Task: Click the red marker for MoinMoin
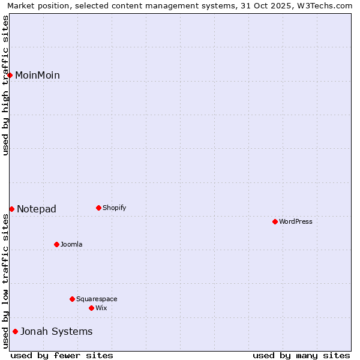(x=10, y=75)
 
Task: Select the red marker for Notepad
(x=11, y=209)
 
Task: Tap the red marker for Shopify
(x=98, y=208)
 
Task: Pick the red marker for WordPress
(x=275, y=221)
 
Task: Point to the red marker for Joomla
(x=56, y=244)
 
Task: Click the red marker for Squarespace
(x=72, y=299)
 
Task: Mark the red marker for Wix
(x=91, y=308)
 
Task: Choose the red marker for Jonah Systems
(x=15, y=331)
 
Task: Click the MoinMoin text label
(x=37, y=75)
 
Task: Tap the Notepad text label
(x=37, y=209)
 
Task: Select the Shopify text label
(x=114, y=208)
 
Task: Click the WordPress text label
(x=296, y=221)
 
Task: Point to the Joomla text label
(x=71, y=244)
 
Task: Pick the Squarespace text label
(x=97, y=299)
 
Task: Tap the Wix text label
(x=101, y=308)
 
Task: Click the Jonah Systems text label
(x=56, y=331)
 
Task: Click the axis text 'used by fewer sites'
(x=62, y=355)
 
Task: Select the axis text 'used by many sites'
(x=301, y=355)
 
